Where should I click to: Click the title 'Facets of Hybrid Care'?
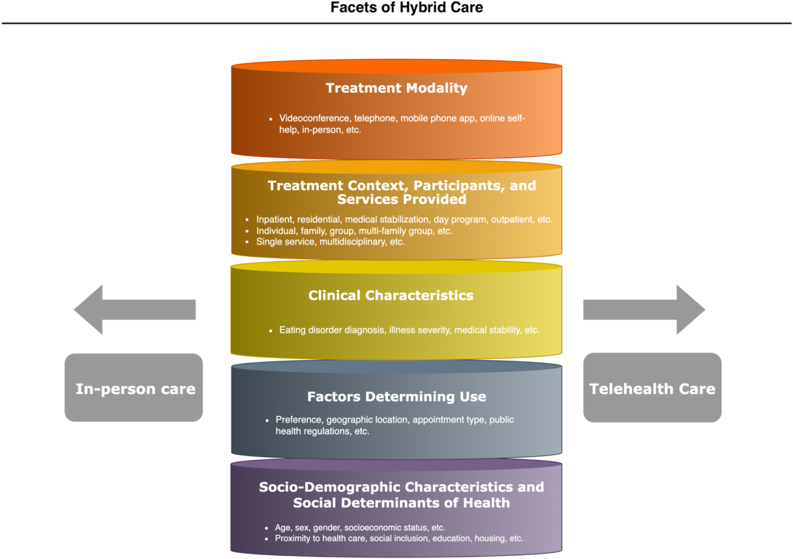click(406, 8)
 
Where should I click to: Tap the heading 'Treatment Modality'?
click(396, 88)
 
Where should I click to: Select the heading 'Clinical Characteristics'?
click(391, 295)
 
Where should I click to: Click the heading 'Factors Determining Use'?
click(396, 396)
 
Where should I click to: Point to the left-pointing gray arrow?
click(134, 310)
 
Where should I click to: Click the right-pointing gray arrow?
click(644, 310)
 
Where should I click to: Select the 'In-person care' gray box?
click(134, 388)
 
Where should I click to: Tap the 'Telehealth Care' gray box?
click(652, 388)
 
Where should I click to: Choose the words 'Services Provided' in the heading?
click(402, 199)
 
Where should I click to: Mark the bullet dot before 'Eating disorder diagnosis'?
click(271, 331)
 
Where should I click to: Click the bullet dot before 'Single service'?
click(247, 242)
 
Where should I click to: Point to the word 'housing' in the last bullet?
click(490, 538)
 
